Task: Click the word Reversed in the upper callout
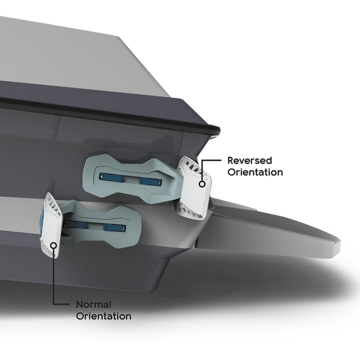click(x=249, y=160)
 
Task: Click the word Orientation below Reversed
click(x=255, y=172)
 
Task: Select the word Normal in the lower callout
click(x=94, y=304)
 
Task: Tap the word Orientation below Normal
click(x=103, y=316)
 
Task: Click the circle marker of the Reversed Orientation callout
click(x=202, y=184)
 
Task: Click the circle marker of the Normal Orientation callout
click(x=53, y=245)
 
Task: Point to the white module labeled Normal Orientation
click(x=50, y=225)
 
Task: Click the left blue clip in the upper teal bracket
click(x=111, y=177)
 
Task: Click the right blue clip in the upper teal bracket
click(x=150, y=182)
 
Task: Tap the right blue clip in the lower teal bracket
click(x=115, y=227)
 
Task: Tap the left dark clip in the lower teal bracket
click(x=75, y=224)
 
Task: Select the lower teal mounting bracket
click(x=100, y=225)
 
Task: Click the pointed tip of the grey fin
click(x=340, y=241)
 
